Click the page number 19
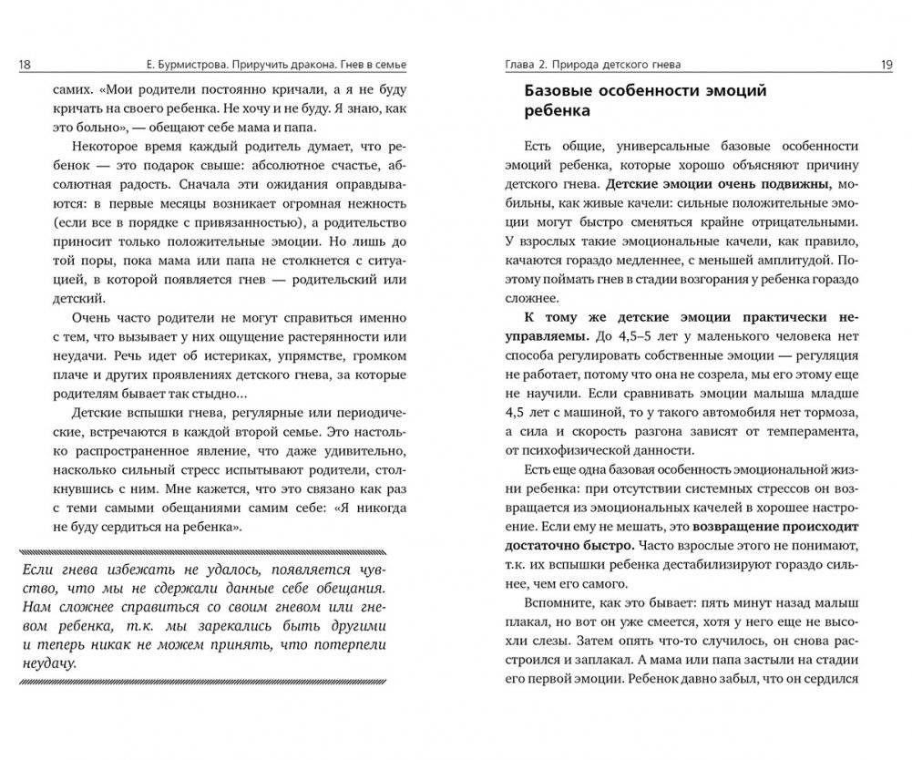(x=885, y=64)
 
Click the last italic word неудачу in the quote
(x=46, y=662)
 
